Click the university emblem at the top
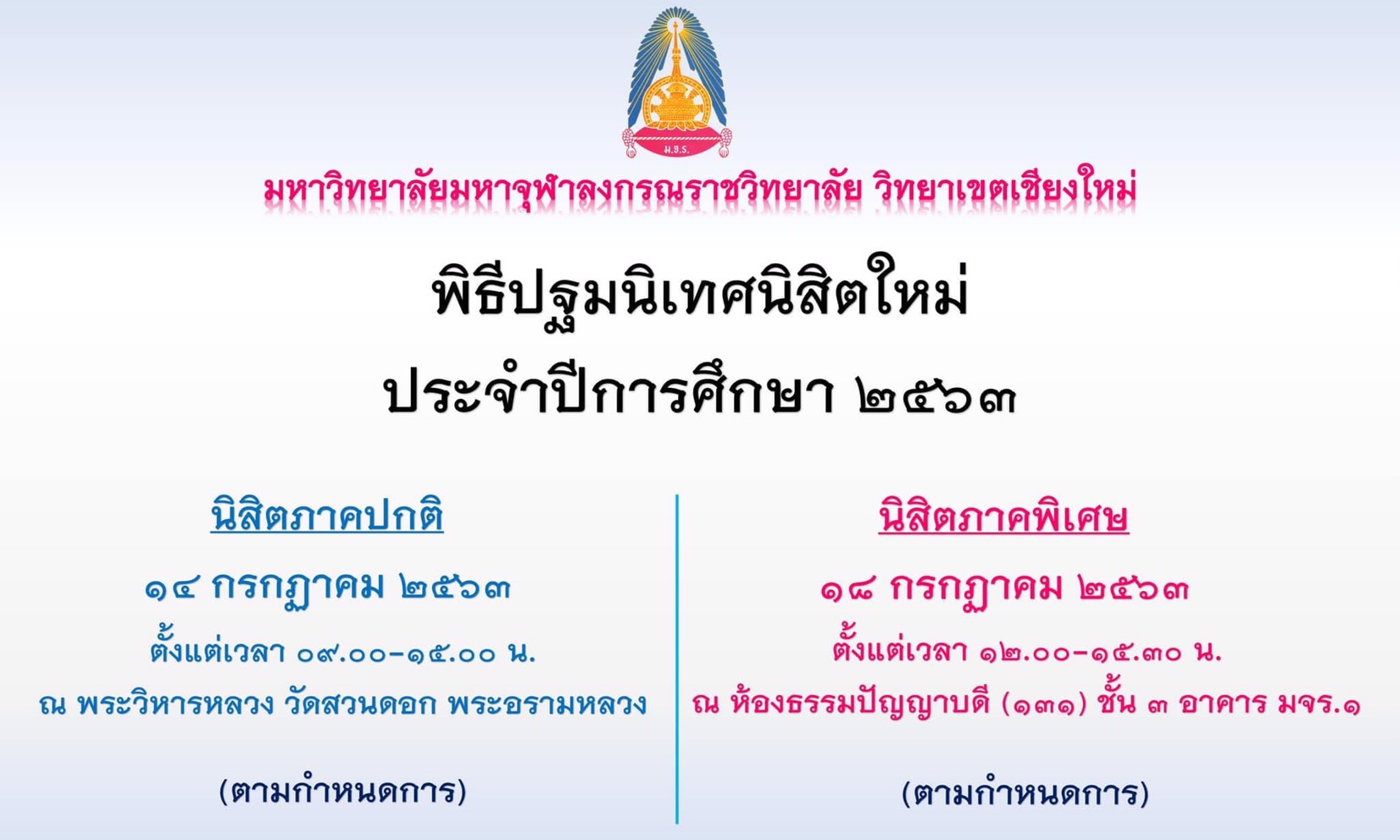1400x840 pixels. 677,82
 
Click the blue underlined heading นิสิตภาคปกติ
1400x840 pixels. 327,516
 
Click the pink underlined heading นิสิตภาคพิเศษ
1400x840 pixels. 1003,517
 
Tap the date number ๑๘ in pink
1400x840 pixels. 850,589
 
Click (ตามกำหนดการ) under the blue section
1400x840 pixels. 342,792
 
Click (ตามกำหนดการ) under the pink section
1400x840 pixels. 1025,793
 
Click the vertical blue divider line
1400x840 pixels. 677,659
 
